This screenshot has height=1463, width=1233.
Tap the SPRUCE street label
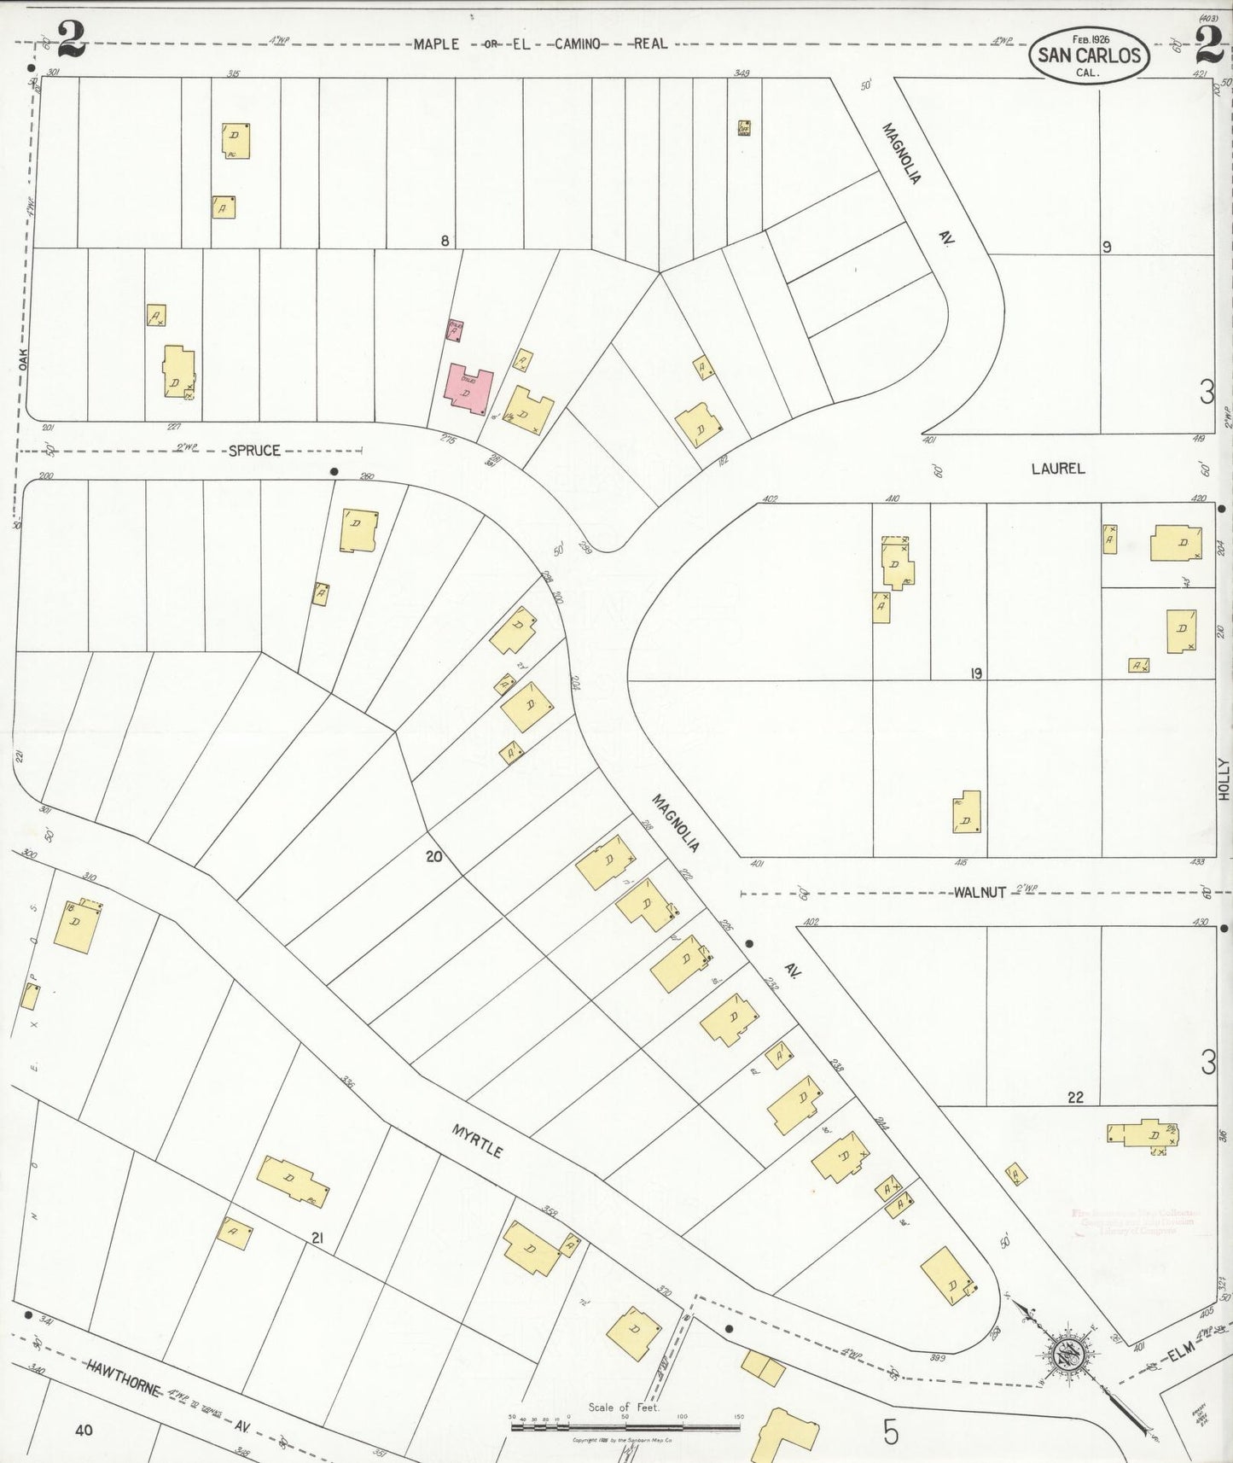(x=253, y=450)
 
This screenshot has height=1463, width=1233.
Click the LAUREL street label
(x=1057, y=468)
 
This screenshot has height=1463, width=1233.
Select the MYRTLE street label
(x=478, y=1140)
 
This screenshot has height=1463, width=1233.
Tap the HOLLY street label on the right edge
(x=1223, y=778)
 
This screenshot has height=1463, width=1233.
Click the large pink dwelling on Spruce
(x=468, y=390)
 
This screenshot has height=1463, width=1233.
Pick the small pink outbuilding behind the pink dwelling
(x=456, y=330)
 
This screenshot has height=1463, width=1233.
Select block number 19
(x=975, y=673)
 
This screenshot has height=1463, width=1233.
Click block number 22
(x=1075, y=1098)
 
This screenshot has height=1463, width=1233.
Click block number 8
(x=445, y=241)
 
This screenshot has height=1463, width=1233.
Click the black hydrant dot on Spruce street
(x=334, y=471)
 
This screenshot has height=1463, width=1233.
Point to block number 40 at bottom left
(x=83, y=1431)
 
